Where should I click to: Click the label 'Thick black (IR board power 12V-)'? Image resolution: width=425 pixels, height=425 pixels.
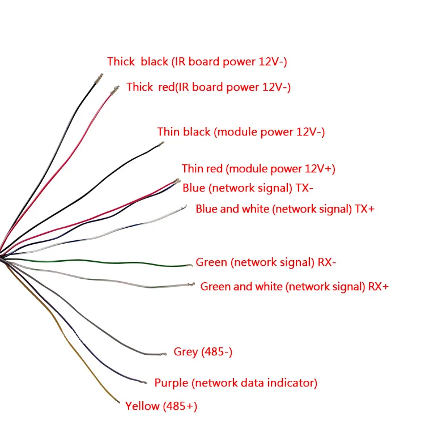point(201,62)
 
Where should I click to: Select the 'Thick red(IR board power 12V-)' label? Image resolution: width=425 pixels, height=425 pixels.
point(209,87)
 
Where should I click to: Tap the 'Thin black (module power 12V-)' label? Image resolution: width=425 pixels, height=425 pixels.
point(241,132)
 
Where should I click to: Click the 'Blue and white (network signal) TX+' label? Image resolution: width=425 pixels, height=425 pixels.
point(285,209)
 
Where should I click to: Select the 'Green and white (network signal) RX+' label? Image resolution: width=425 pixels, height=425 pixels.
point(294,286)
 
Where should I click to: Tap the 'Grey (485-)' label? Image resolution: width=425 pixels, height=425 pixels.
point(203,352)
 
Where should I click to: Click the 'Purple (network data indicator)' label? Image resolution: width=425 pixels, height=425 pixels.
point(236,382)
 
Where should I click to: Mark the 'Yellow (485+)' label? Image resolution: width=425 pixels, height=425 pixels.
point(161,406)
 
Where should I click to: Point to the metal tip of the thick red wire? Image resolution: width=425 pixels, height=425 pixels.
point(116,88)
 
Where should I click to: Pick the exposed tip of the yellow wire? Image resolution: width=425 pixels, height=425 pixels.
point(119,402)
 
